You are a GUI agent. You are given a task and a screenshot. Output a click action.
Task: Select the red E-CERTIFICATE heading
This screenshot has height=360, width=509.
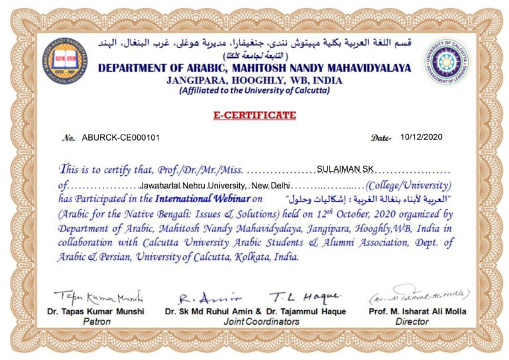(x=254, y=115)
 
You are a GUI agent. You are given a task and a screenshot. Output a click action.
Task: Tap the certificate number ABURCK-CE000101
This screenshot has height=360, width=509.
(x=121, y=138)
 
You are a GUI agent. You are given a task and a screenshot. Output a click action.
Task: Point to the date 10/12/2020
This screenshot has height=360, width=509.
(x=421, y=137)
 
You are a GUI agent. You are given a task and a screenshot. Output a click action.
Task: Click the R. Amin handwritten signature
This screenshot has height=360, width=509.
(x=200, y=297)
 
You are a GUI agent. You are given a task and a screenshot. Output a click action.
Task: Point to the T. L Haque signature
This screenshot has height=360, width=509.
(x=305, y=296)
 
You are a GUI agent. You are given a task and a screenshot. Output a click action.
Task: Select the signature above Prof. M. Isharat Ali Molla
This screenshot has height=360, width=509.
(x=419, y=294)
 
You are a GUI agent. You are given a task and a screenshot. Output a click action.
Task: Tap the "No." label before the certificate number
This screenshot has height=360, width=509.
(x=68, y=139)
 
